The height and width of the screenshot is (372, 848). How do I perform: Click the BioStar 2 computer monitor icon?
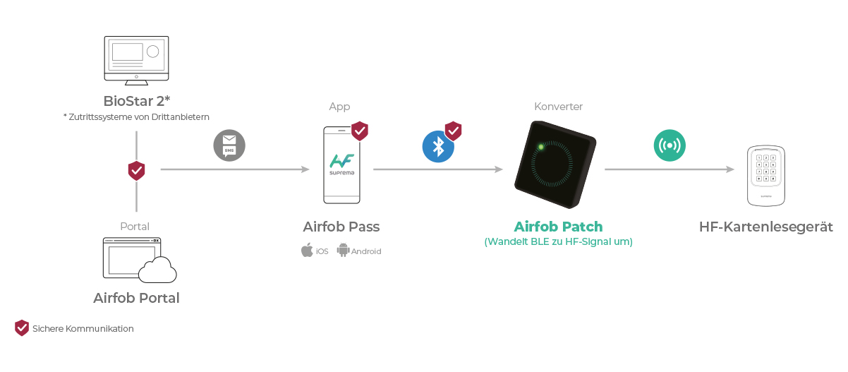136,61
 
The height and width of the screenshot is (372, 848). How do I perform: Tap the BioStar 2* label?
137,101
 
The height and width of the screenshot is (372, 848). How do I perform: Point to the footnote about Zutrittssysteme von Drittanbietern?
136,117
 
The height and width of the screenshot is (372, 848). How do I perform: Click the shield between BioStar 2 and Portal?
136,171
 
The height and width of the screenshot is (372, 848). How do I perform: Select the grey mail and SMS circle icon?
229,145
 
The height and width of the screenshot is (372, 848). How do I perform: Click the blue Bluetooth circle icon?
438,147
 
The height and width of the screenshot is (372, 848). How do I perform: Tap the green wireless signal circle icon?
670,145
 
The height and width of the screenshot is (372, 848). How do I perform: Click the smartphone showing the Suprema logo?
341,165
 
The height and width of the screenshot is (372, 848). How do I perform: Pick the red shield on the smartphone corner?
360,131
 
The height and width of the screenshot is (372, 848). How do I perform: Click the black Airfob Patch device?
555,164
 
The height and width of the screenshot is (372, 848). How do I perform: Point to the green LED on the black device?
541,147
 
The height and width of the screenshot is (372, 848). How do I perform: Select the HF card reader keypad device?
766,176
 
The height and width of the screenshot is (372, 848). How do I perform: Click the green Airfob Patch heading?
558,227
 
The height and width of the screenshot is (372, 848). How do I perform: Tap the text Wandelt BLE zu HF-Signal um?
558,241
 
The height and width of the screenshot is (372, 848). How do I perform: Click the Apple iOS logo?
307,250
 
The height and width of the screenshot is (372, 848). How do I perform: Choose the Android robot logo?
343,250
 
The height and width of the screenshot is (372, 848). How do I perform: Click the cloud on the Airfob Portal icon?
157,270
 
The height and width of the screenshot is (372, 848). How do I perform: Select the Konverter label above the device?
558,107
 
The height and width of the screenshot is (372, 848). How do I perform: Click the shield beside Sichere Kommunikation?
22,328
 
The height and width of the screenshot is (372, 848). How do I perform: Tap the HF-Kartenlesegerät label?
766,227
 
